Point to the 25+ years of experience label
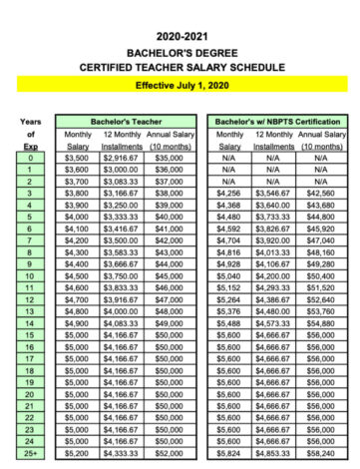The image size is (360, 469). click(32, 452)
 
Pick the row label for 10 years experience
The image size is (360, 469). click(32, 274)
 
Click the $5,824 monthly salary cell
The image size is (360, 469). click(229, 452)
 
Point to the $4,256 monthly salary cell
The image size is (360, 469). click(229, 192)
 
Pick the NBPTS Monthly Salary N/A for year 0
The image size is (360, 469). click(229, 157)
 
